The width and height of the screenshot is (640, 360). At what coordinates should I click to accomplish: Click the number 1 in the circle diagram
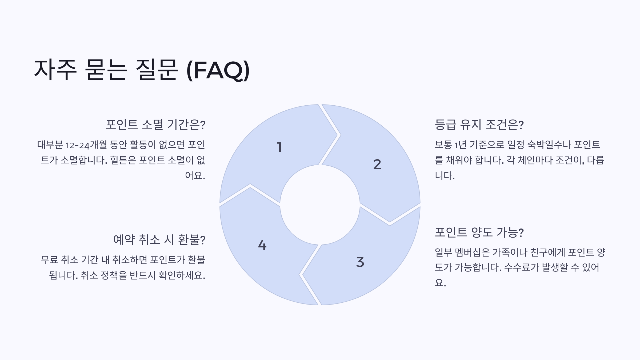click(x=279, y=147)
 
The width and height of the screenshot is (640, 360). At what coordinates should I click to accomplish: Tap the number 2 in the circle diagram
click(x=377, y=164)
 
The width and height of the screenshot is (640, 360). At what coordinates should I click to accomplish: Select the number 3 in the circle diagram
click(x=360, y=262)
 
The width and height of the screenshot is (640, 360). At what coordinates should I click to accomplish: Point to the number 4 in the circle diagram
click(x=262, y=245)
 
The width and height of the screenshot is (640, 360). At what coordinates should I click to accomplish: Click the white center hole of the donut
click(x=320, y=205)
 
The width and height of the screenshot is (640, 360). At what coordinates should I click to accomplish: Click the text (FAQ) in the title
click(x=218, y=70)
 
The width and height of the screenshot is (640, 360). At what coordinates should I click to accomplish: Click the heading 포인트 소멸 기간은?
click(x=155, y=125)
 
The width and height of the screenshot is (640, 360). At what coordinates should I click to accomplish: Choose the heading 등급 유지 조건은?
click(x=479, y=125)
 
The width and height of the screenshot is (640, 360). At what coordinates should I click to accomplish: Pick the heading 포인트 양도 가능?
click(x=479, y=232)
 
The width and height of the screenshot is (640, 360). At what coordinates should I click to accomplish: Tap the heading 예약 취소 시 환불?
click(x=159, y=239)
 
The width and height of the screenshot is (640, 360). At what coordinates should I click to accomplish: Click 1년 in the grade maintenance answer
click(x=460, y=145)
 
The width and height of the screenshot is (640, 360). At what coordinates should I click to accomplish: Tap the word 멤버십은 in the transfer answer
click(x=472, y=252)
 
